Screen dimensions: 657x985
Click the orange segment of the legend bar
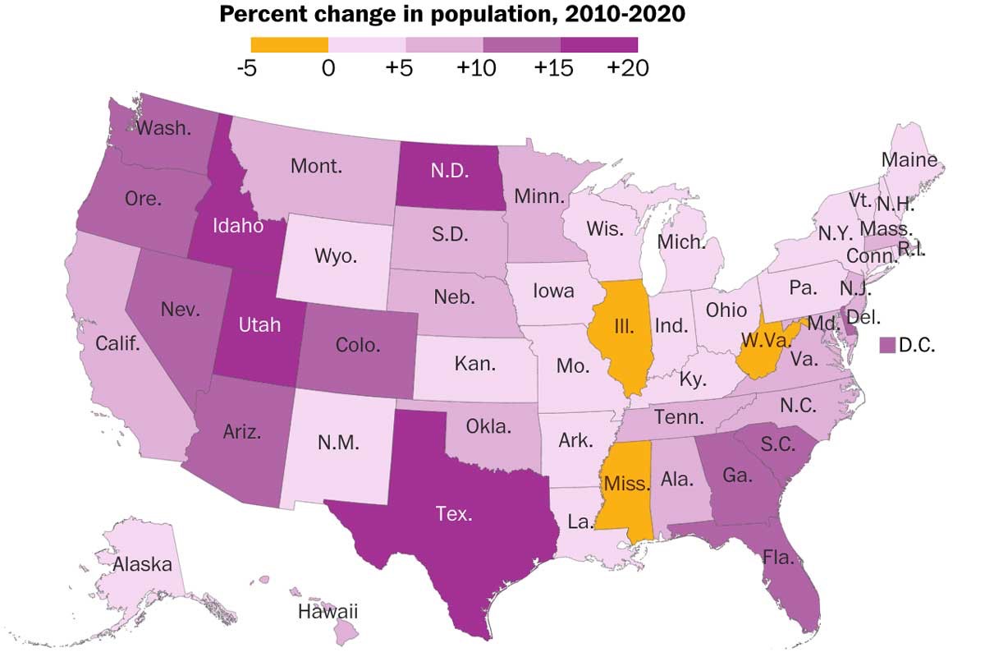tap(289, 44)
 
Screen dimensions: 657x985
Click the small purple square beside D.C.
tap(886, 346)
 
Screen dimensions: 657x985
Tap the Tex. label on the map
tap(454, 515)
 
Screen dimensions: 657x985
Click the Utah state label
tap(259, 325)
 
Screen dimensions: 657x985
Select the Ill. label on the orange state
tap(624, 325)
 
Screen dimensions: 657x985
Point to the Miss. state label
tap(626, 484)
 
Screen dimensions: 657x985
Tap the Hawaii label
tap(328, 612)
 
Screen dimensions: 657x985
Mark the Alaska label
tap(143, 564)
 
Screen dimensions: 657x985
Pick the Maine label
tap(909, 159)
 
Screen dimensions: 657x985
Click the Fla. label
tap(777, 558)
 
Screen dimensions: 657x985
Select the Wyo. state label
tap(336, 255)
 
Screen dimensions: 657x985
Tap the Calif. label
tap(117, 342)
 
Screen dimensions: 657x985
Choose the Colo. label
tap(358, 345)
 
